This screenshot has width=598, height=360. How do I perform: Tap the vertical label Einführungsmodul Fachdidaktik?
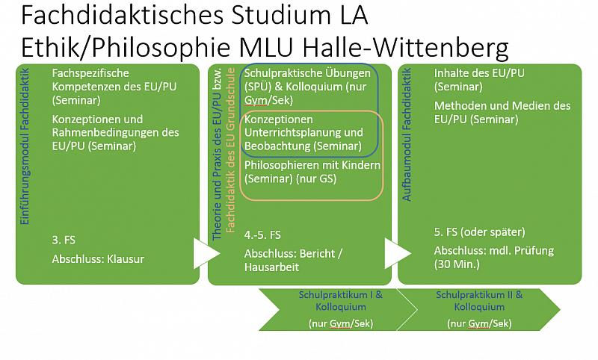(25, 146)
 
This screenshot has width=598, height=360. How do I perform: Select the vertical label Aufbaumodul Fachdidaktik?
(407, 135)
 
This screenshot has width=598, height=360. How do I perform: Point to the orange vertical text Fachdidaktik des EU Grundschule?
(231, 150)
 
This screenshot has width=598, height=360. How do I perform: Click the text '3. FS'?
(64, 240)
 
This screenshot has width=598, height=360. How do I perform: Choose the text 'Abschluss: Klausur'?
(98, 259)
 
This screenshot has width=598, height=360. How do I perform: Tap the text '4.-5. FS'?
(262, 235)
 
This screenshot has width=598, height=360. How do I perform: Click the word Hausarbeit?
(271, 267)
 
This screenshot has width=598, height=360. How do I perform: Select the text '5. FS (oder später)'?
(479, 232)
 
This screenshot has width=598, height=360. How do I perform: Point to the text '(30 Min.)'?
(457, 264)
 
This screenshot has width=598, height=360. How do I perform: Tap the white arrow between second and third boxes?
(398, 253)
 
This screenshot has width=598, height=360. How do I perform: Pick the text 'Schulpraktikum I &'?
(341, 295)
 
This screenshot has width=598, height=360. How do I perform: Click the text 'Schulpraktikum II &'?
(479, 295)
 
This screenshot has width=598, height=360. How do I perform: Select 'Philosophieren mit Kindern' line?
(312, 165)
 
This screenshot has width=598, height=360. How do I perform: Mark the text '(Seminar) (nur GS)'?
(290, 179)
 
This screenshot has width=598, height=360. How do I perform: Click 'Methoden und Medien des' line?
(502, 105)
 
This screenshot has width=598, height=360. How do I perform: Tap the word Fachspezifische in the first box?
(90, 73)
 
